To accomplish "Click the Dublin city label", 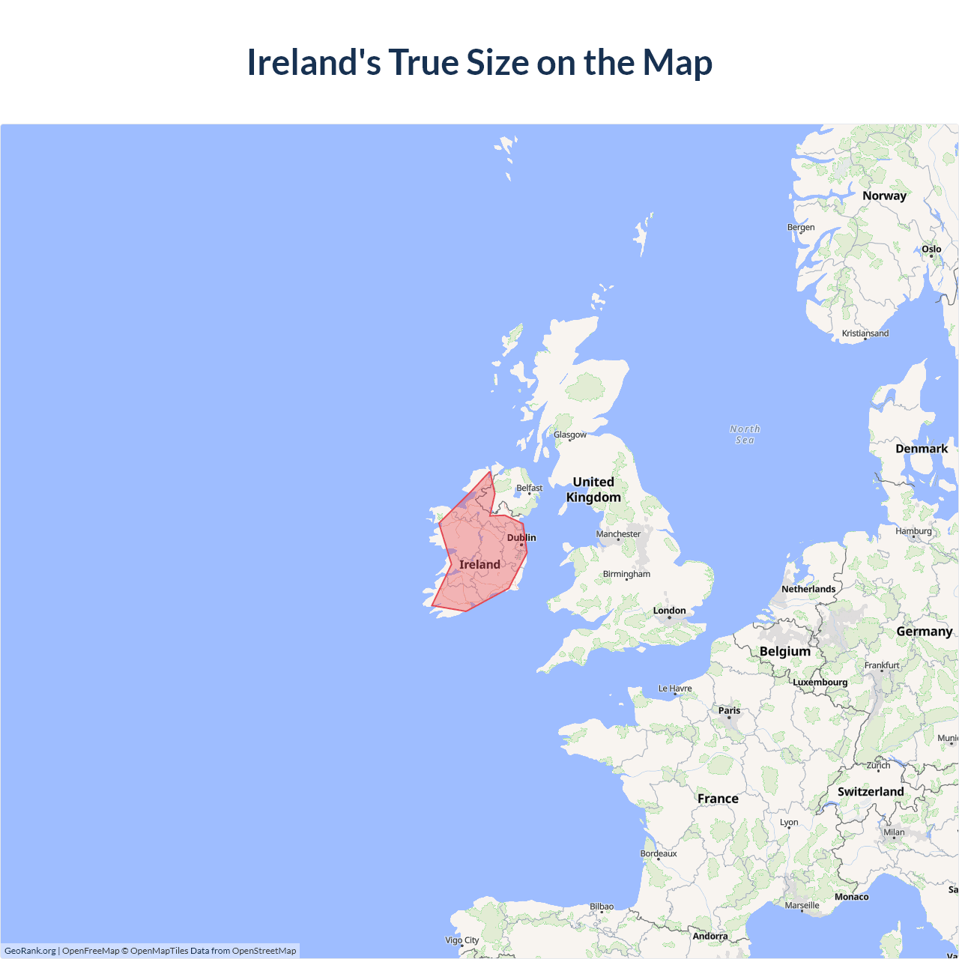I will pyautogui.click(x=521, y=537).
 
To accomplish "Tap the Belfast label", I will pyautogui.click(x=529, y=488).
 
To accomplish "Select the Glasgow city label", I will pyautogui.click(x=570, y=435).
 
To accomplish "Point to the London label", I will pyautogui.click(x=669, y=611).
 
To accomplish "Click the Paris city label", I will pyautogui.click(x=729, y=710).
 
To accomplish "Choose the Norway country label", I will pyautogui.click(x=884, y=196).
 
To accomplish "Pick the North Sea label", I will pyautogui.click(x=745, y=435).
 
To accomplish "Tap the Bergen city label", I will pyautogui.click(x=801, y=227).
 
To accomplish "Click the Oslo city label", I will pyautogui.click(x=931, y=249).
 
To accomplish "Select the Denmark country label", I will pyautogui.click(x=922, y=449).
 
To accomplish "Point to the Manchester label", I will pyautogui.click(x=618, y=534).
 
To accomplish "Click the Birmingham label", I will pyautogui.click(x=626, y=574).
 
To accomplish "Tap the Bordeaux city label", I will pyautogui.click(x=659, y=853).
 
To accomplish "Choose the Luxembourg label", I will pyautogui.click(x=820, y=682).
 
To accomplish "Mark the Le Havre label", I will pyautogui.click(x=675, y=689).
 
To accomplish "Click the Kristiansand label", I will pyautogui.click(x=865, y=333).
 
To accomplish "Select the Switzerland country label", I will pyautogui.click(x=871, y=791).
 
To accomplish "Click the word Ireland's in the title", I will pyautogui.click(x=314, y=62).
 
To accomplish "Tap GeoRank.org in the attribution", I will pyautogui.click(x=30, y=951).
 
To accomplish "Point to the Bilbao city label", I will pyautogui.click(x=602, y=907).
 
